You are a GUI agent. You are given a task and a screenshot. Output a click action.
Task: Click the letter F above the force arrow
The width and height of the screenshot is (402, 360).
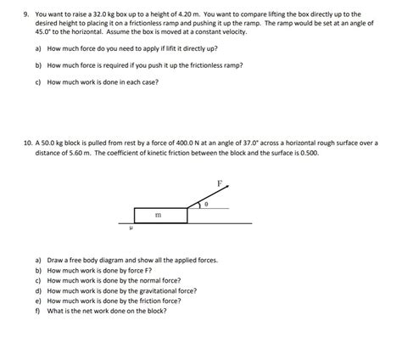[220, 183]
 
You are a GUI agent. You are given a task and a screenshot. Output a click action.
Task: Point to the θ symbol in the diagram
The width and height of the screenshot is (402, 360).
[207, 205]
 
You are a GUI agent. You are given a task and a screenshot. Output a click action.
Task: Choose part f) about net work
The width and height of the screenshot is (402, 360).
[100, 310]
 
